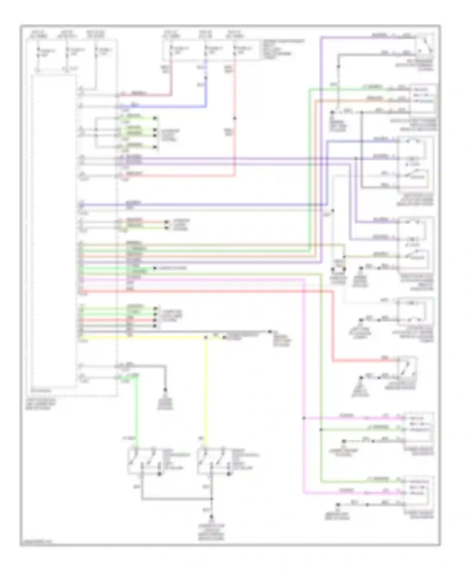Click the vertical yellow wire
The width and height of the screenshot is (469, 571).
coord(206,390)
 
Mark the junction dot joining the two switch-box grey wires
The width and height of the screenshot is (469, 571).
coord(212,499)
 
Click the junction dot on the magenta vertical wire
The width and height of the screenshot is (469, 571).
coord(304,418)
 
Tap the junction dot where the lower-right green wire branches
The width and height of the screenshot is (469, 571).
coord(321,430)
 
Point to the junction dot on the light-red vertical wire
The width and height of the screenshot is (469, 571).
coord(235,118)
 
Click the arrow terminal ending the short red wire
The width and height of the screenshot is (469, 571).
coord(155,320)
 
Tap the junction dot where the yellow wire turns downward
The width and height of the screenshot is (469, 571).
coord(206,337)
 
